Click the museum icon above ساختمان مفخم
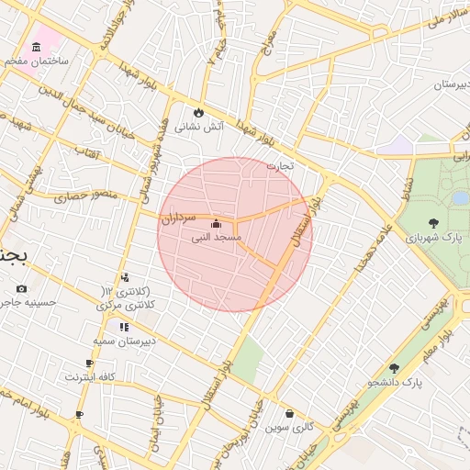37,47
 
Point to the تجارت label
280,166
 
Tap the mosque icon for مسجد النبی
216,223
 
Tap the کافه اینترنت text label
89,377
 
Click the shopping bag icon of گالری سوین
290,414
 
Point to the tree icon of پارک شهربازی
432,222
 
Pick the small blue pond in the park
460,197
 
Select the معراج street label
268,39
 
